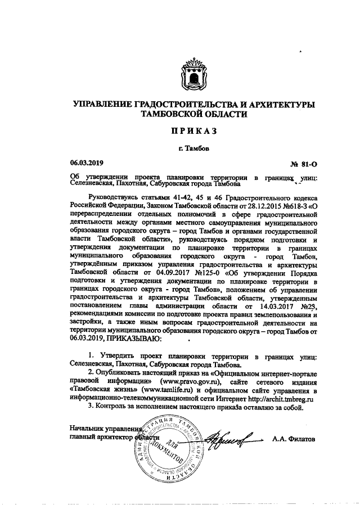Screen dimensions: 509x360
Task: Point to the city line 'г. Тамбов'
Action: pyautogui.click(x=191, y=149)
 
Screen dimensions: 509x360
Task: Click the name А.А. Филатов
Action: pyautogui.click(x=293, y=438)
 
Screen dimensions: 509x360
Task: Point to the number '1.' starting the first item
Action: pyautogui.click(x=92, y=358)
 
